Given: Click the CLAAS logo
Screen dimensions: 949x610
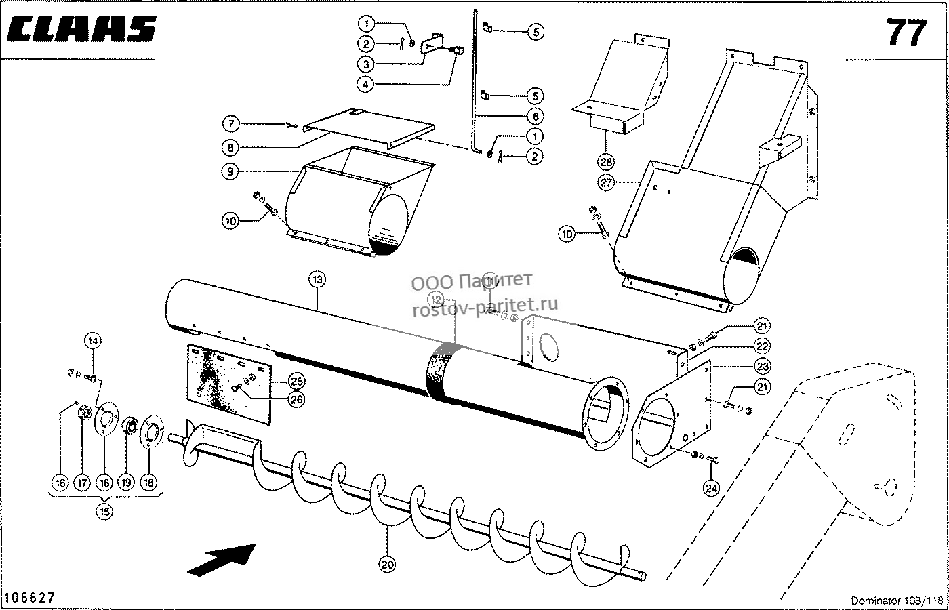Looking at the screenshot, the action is tap(81, 29).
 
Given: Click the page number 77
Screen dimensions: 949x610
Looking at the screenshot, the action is tap(907, 33).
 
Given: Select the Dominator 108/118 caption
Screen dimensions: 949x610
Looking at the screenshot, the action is tap(895, 601).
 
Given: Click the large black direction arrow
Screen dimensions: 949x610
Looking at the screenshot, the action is tap(222, 560).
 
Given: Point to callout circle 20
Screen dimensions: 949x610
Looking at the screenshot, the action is tap(387, 564).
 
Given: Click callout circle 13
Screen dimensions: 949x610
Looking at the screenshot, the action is tap(317, 279).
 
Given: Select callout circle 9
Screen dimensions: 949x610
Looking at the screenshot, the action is tap(230, 171).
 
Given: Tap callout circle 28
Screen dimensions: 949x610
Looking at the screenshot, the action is tap(606, 161).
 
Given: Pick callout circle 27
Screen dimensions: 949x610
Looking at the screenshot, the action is tap(606, 182).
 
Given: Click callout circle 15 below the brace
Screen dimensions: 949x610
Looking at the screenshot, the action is tap(104, 511).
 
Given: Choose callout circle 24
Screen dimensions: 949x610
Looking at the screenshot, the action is tap(711, 489).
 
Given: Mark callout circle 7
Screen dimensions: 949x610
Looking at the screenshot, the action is tap(231, 123).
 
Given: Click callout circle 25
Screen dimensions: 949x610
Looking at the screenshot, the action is tap(297, 381).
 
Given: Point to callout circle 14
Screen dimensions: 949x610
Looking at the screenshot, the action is tap(94, 340).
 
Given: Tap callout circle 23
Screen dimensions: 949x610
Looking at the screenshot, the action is tap(762, 366).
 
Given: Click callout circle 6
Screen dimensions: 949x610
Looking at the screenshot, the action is tap(535, 116).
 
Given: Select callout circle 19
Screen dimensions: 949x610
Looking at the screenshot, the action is tap(126, 482).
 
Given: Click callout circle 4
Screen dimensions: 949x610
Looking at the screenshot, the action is tap(365, 84).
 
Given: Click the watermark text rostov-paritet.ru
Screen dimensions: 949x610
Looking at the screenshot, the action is tap(485, 306).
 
